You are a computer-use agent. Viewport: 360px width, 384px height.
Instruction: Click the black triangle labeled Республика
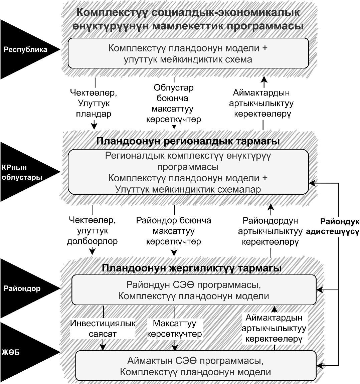pyautogui.click(x=27, y=49)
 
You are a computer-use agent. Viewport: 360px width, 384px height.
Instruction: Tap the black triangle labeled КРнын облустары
pyautogui.click(x=27, y=172)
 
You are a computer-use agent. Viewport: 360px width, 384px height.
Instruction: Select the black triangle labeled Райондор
pyautogui.click(x=27, y=288)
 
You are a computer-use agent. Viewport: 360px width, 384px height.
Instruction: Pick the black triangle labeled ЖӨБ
pyautogui.click(x=27, y=353)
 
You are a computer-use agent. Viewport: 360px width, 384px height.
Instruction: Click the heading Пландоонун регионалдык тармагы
pyautogui.click(x=188, y=141)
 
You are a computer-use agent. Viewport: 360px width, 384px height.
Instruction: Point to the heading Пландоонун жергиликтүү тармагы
pyautogui.click(x=191, y=268)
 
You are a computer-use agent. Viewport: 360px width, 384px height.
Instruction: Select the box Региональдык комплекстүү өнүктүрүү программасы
pyautogui.click(x=188, y=172)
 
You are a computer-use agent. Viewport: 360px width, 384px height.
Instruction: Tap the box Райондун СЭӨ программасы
pyautogui.click(x=194, y=290)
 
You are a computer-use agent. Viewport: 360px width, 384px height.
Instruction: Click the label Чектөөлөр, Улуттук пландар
pyautogui.click(x=94, y=103)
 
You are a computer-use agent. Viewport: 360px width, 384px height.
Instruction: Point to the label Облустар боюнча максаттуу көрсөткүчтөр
pyautogui.click(x=174, y=104)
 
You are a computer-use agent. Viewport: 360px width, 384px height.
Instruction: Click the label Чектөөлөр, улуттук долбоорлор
pyautogui.click(x=92, y=231)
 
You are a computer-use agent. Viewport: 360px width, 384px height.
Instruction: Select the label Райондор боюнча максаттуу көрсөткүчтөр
pyautogui.click(x=174, y=231)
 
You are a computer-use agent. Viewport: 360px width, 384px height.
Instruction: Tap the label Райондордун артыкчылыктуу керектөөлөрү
pyautogui.click(x=271, y=231)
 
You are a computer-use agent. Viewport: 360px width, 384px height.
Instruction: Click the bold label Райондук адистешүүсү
pyautogui.click(x=333, y=226)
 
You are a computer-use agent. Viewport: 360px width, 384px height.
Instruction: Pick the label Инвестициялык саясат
pyautogui.click(x=103, y=329)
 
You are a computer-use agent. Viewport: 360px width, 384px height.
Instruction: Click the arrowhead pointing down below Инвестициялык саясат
pyautogui.click(x=103, y=347)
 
